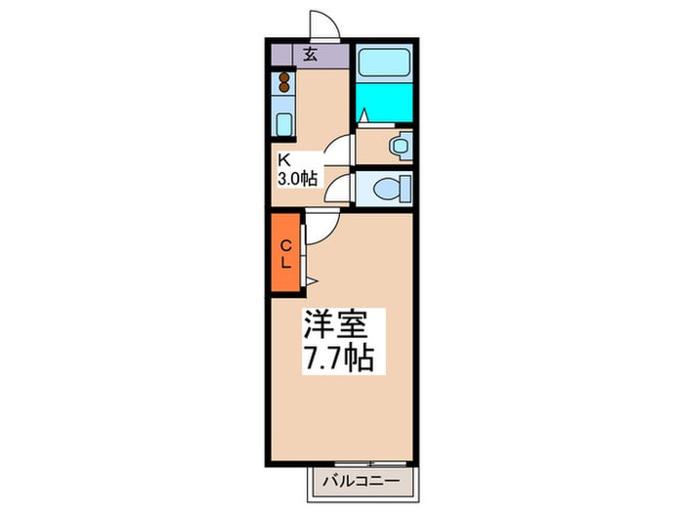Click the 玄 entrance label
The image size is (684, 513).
coord(310,54)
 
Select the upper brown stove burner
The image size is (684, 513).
coord(284,77)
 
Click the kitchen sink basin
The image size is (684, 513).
coord(284,124)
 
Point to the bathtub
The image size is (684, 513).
coord(384,63)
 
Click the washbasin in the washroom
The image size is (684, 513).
coord(400,146)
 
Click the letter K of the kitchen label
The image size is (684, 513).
coord(284,159)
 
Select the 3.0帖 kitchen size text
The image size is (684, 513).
coord(298,179)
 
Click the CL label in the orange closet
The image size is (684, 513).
coord(286,254)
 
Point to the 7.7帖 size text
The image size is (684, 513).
coord(339,358)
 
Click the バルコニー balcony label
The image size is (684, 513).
coord(362,482)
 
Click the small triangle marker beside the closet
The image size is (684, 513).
coord(312,281)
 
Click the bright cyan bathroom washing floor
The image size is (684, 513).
coord(384,103)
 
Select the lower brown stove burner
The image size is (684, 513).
coord(284,87)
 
